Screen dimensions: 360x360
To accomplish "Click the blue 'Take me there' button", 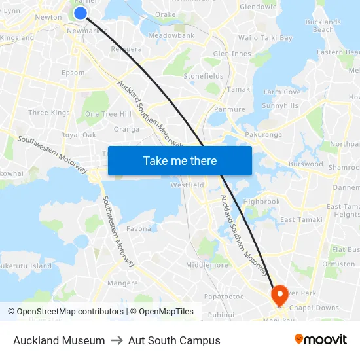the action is (x=180, y=160).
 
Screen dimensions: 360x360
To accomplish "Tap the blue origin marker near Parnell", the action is (x=81, y=13).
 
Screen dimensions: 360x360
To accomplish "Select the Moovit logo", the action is (x=321, y=340).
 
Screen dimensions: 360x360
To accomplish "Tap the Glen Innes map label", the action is (x=232, y=54).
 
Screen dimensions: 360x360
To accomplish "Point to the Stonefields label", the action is (x=204, y=76).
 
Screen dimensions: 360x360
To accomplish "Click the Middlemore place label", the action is (x=207, y=265).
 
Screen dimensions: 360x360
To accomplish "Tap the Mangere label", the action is (x=122, y=283).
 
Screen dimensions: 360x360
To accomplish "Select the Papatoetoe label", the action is (x=224, y=297).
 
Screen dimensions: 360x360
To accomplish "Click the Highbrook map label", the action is (x=261, y=202).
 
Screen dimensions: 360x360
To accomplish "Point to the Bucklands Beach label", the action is (x=323, y=26).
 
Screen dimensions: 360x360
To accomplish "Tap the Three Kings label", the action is (x=49, y=113).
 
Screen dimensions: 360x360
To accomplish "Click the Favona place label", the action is (x=139, y=229).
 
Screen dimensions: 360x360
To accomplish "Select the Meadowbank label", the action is (x=171, y=35).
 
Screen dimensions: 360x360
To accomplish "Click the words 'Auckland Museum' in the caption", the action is (x=59, y=340).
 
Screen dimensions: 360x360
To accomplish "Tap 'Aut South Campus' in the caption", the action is (x=174, y=340).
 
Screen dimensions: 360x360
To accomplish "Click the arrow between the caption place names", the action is (x=117, y=340).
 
